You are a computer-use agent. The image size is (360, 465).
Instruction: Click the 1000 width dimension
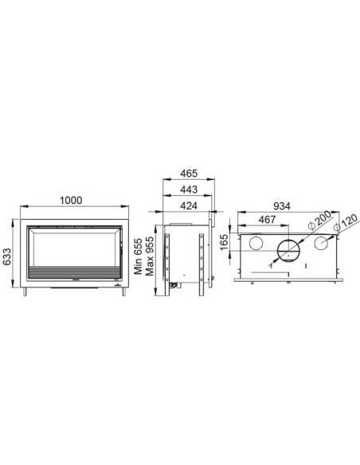[x=71, y=201]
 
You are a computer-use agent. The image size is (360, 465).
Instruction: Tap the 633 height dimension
[x=6, y=256]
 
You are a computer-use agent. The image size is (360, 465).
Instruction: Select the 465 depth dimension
[x=189, y=174]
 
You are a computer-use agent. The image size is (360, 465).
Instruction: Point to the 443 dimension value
[x=189, y=190]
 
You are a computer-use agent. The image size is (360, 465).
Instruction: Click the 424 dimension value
[x=189, y=205]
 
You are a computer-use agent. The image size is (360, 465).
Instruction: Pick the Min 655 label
[x=139, y=256]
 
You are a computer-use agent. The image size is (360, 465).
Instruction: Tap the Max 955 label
[x=149, y=256]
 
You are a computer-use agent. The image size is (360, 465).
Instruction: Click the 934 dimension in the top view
[x=282, y=205]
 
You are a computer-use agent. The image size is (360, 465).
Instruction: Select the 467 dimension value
[x=267, y=220]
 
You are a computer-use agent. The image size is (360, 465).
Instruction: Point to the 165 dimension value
[x=225, y=242]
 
